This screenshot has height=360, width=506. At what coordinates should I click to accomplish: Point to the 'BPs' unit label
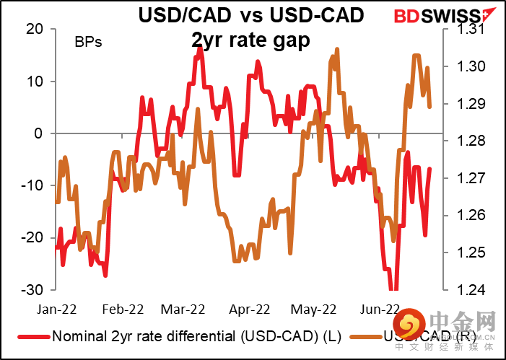coord(88,42)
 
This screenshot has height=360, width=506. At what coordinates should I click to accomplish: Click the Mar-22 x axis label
coord(183,309)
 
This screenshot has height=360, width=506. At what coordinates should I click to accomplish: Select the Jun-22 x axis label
coord(379,309)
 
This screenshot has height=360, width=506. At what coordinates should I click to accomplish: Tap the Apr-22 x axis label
coord(249,309)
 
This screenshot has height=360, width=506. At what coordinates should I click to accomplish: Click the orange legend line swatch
coord(360,337)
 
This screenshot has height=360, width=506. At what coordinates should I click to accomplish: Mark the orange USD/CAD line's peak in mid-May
coord(337,50)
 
